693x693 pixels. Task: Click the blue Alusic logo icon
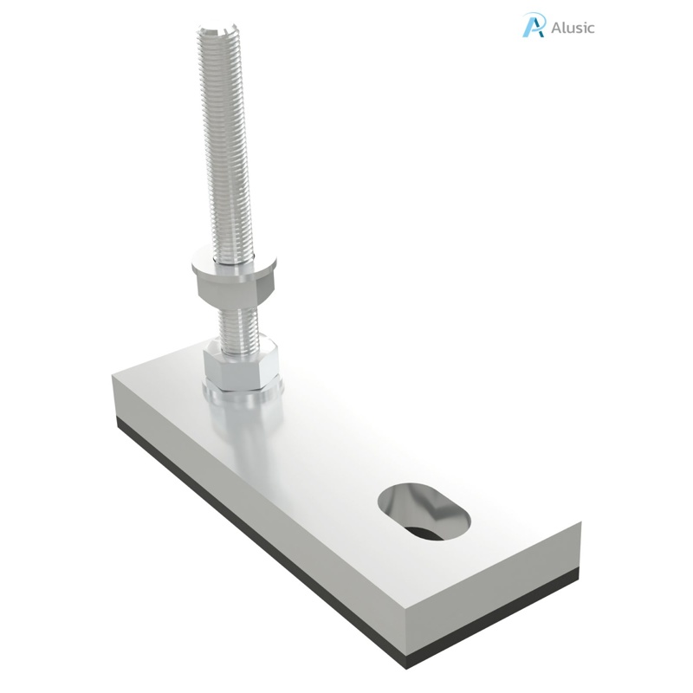pos(534,25)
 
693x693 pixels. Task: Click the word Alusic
pos(573,27)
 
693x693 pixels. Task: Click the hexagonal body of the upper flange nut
pos(230,286)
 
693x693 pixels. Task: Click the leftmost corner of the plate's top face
pos(112,374)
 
